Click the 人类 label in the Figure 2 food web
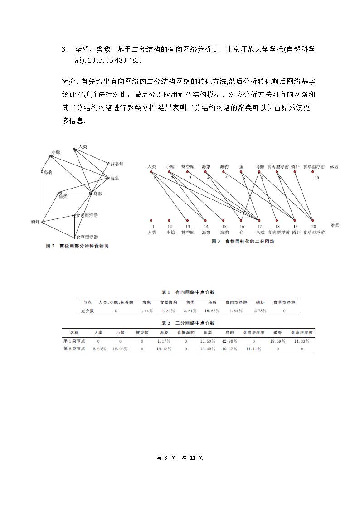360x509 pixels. pyautogui.click(x=83, y=146)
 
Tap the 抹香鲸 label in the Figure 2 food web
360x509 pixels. pyautogui.click(x=117, y=164)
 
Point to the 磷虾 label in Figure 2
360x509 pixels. pyautogui.click(x=36, y=222)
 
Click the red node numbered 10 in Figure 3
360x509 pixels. pyautogui.click(x=312, y=172)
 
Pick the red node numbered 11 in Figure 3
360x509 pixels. pyautogui.click(x=151, y=220)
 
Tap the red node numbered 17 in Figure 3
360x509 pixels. pyautogui.click(x=259, y=220)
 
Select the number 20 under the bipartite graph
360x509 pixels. pyautogui.click(x=314, y=226)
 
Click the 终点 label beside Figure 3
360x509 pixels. pyautogui.click(x=334, y=167)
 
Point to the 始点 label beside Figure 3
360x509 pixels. pyautogui.click(x=334, y=225)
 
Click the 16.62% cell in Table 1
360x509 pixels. pyautogui.click(x=212, y=311)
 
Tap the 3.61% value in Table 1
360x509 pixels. pyautogui.click(x=190, y=311)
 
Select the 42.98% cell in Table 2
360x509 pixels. pyautogui.click(x=229, y=341)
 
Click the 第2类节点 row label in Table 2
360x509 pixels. pyautogui.click(x=74, y=349)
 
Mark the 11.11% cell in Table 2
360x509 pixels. pyautogui.click(x=253, y=349)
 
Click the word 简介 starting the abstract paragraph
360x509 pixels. pyautogui.click(x=69, y=82)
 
